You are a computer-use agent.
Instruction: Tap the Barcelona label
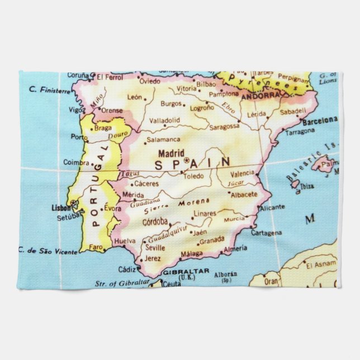(320, 121)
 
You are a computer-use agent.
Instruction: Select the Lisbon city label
(61, 207)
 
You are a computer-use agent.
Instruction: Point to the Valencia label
(242, 174)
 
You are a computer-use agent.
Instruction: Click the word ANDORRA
(260, 96)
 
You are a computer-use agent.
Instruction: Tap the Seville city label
(154, 248)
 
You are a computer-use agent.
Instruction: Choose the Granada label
(212, 241)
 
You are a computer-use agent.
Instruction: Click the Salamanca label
(163, 140)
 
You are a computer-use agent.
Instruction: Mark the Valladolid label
(164, 120)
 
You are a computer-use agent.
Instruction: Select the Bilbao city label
(206, 83)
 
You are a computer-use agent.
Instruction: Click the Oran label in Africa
(272, 282)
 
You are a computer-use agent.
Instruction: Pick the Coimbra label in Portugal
(76, 162)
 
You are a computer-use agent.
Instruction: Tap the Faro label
(97, 247)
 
